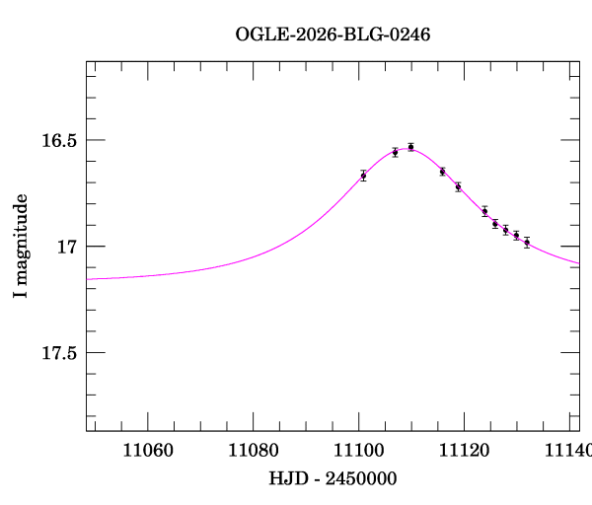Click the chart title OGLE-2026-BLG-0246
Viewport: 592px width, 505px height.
point(333,35)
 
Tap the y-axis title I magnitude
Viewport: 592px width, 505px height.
point(20,247)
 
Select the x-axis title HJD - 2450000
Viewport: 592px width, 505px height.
point(333,478)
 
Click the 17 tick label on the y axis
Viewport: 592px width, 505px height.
point(65,247)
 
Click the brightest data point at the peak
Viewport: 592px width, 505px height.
point(410,147)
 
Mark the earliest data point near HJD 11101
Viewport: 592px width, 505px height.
point(363,176)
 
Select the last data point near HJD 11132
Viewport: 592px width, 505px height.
point(527,242)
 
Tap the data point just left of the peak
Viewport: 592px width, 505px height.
point(395,152)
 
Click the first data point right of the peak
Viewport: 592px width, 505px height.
point(442,172)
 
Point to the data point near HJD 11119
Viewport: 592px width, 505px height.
point(458,186)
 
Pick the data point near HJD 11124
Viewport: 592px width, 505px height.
point(484,211)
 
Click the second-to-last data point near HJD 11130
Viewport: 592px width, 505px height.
point(516,235)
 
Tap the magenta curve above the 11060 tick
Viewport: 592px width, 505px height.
point(147,273)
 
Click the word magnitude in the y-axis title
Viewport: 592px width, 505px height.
point(20,238)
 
